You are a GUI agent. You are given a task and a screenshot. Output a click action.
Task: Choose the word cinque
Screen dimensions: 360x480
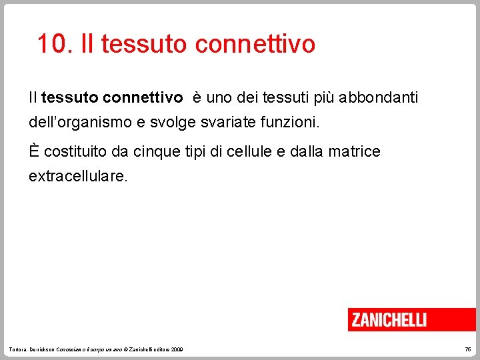point(156,152)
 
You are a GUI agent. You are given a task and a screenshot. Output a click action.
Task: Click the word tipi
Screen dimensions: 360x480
point(198,152)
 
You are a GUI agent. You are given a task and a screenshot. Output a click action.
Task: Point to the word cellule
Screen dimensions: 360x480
point(248,152)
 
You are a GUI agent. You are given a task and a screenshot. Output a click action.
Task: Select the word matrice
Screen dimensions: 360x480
point(354,152)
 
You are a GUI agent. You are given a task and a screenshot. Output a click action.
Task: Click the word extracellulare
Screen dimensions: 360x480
point(77,177)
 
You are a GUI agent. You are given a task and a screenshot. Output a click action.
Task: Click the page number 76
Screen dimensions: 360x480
point(467,350)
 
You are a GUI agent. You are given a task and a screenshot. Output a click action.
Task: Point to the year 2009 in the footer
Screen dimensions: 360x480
point(177,350)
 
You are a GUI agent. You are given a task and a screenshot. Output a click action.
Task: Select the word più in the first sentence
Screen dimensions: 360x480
point(322,98)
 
